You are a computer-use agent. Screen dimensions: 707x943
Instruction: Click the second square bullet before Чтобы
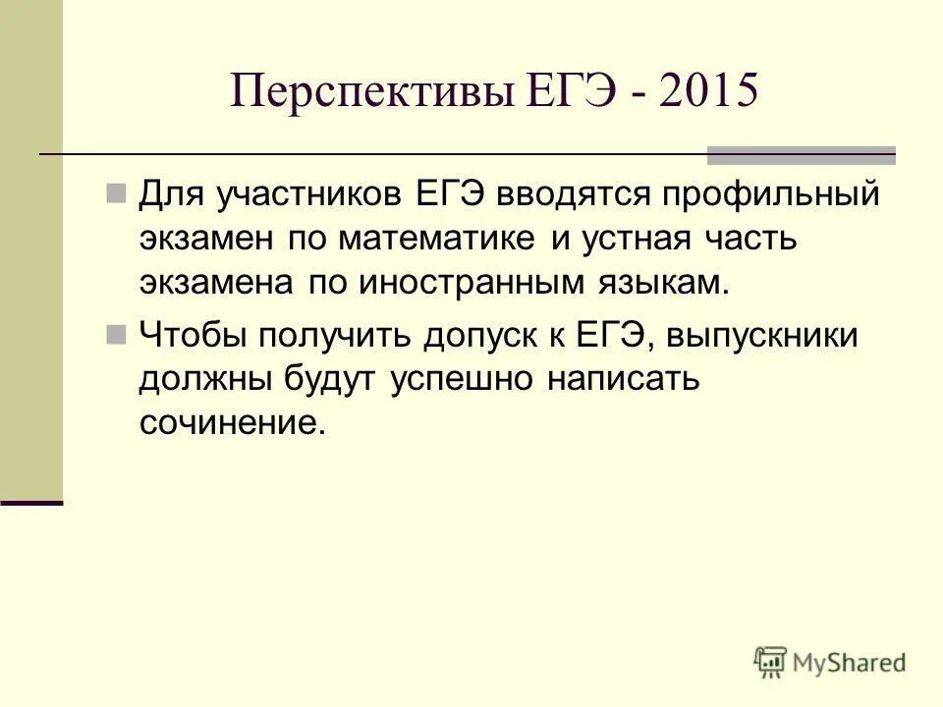point(116,335)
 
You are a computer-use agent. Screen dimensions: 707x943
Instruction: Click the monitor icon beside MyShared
point(771,661)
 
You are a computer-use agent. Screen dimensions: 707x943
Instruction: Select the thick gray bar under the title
point(802,155)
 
